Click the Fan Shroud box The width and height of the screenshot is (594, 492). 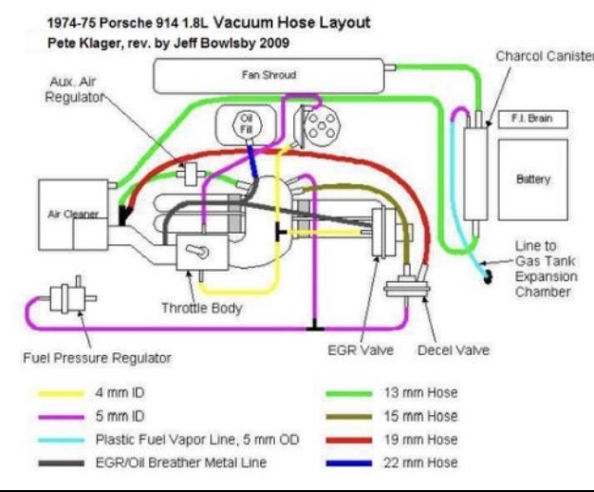(268, 73)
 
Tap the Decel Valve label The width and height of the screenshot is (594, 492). (453, 350)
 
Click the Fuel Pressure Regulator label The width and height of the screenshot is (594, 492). (97, 358)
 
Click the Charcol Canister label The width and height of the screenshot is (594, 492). (543, 56)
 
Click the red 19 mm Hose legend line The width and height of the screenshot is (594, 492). (350, 439)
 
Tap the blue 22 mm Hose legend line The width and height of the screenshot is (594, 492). (350, 463)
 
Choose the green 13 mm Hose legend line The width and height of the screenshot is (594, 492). (350, 391)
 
